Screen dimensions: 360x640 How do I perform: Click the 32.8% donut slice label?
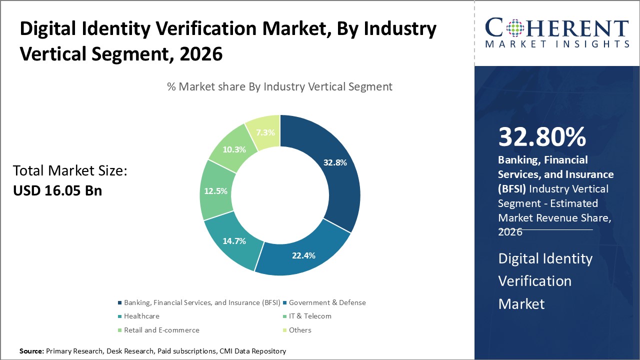click(334, 162)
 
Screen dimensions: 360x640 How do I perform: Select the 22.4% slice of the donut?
click(303, 255)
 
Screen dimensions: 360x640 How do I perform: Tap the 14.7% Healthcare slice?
click(234, 241)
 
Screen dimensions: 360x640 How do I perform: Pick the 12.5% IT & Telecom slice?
click(216, 191)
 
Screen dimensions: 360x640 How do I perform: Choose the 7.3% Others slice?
click(264, 132)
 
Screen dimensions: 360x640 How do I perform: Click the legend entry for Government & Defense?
click(327, 302)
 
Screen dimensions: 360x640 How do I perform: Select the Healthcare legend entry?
click(141, 316)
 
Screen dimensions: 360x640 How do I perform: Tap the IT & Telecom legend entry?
click(310, 316)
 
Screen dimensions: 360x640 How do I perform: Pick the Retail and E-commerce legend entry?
click(161, 330)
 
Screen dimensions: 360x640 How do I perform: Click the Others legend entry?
click(300, 330)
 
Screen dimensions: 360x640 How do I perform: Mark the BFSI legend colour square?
click(119, 303)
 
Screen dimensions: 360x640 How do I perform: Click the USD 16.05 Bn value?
click(57, 190)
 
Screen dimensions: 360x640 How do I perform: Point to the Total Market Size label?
click(70, 171)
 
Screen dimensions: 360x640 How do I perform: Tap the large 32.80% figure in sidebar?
click(541, 137)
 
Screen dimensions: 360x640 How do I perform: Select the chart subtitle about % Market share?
click(279, 86)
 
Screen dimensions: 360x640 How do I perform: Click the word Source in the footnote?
click(31, 351)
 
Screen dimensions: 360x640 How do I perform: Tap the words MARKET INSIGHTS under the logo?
click(556, 44)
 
